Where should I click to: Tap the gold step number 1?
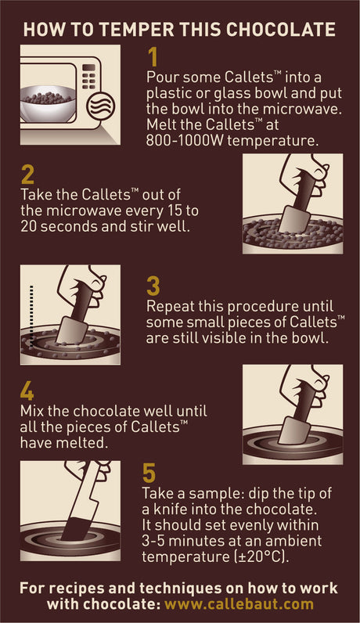(x=153, y=57)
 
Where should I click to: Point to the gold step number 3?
(x=153, y=286)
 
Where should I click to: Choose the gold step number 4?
(x=27, y=391)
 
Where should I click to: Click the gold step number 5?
(x=149, y=473)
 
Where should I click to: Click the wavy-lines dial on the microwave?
(x=101, y=106)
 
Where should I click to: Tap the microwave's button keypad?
(x=89, y=76)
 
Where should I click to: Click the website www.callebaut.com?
(x=239, y=604)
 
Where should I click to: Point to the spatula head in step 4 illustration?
(x=294, y=430)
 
